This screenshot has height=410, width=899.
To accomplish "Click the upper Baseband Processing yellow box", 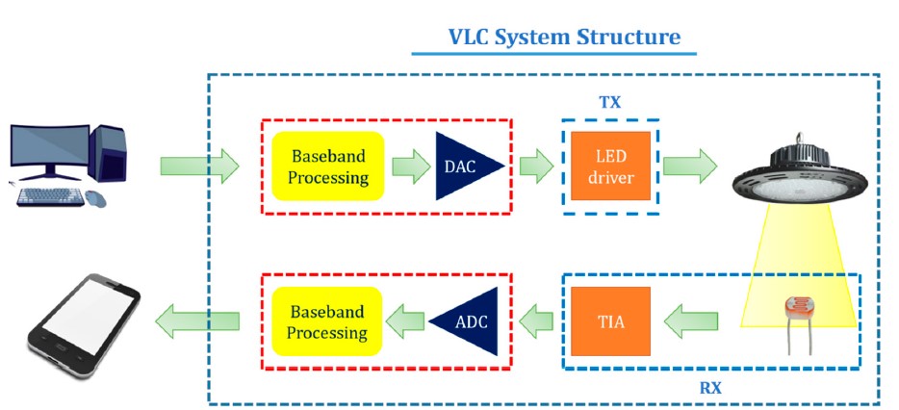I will point(327,166).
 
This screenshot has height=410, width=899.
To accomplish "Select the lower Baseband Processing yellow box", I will point(327,321).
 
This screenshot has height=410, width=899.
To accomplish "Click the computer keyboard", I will point(50,196).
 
